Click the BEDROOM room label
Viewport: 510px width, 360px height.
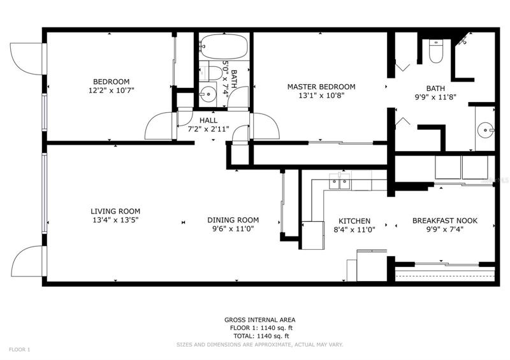tap(111, 82)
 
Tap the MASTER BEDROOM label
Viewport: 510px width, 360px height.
tap(321, 87)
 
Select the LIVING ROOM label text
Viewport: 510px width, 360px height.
tap(115, 212)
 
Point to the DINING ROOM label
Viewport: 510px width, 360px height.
tap(233, 220)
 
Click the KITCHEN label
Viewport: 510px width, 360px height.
tap(354, 222)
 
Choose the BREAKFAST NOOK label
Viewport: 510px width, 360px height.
tap(445, 221)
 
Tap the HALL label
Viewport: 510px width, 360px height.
tap(208, 120)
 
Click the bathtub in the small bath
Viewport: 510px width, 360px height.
tap(224, 46)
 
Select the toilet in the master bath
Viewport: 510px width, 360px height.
tap(436, 52)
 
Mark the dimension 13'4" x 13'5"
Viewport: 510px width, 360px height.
tap(115, 220)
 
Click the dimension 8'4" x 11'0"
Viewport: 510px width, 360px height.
tap(354, 230)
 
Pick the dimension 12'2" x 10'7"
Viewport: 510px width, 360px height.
tap(111, 90)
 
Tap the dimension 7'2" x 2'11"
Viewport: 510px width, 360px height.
tap(208, 129)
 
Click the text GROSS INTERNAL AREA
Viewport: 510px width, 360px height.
tap(260, 320)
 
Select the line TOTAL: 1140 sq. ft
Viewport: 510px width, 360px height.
tap(261, 336)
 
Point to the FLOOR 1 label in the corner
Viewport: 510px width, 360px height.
tap(19, 350)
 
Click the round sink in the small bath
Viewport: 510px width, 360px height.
tap(208, 95)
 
